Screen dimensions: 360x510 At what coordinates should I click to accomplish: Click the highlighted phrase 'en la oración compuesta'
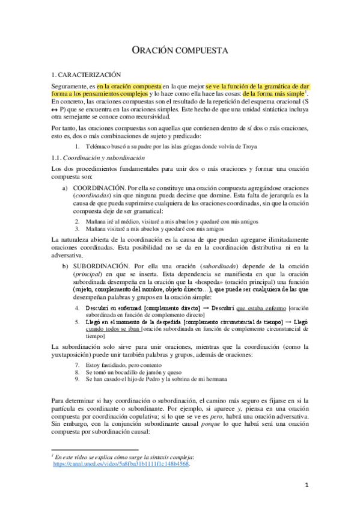click(129, 86)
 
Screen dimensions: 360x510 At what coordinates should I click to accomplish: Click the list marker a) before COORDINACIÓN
click(66, 188)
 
